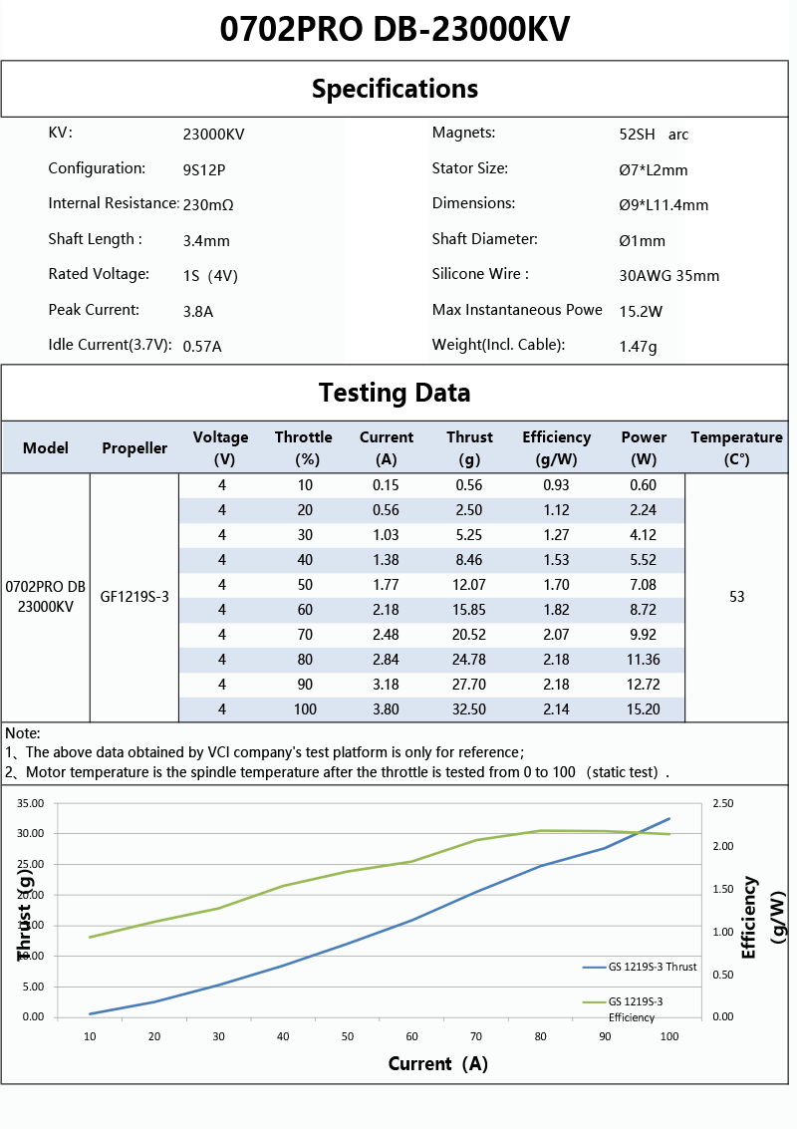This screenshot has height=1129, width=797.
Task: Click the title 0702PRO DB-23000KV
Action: (x=396, y=29)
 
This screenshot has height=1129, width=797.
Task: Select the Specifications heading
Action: (x=396, y=89)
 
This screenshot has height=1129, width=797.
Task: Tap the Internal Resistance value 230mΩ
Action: (x=208, y=204)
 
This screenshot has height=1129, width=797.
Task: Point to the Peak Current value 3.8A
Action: (x=198, y=311)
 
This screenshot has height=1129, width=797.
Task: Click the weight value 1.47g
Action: (x=638, y=346)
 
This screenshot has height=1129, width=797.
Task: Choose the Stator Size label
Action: (x=469, y=168)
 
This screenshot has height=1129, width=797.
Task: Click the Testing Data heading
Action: (x=396, y=393)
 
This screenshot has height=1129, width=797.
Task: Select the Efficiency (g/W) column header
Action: (x=556, y=448)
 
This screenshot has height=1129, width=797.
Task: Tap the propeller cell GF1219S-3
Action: (x=134, y=597)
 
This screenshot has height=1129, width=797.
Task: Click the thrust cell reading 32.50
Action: (x=469, y=709)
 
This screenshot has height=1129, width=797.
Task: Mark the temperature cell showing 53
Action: (x=737, y=597)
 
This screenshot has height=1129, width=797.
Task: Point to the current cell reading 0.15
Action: (x=386, y=485)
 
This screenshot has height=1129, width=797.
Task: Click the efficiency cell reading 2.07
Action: (x=556, y=635)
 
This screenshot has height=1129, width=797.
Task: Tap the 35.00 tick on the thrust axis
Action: (x=32, y=803)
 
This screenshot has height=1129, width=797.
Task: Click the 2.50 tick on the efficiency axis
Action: (x=723, y=803)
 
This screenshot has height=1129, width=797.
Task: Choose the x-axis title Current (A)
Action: (x=437, y=1063)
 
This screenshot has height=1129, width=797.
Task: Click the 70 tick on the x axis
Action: (x=476, y=1036)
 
